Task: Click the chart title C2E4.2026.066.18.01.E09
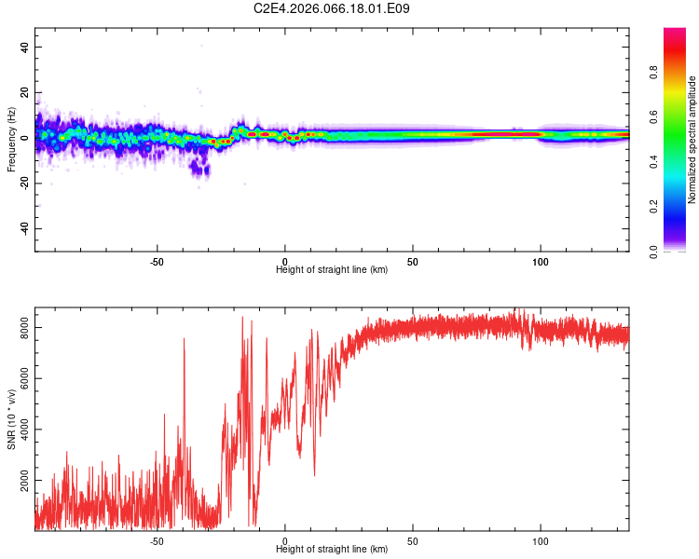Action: click(x=332, y=8)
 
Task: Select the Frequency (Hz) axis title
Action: click(x=11, y=139)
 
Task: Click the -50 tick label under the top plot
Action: click(x=157, y=262)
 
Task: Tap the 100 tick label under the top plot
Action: click(x=540, y=262)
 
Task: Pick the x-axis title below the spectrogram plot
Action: click(x=332, y=270)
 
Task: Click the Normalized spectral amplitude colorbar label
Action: click(x=692, y=140)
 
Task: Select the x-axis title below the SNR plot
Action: click(x=332, y=550)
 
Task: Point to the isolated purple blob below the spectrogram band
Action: click(x=199, y=169)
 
